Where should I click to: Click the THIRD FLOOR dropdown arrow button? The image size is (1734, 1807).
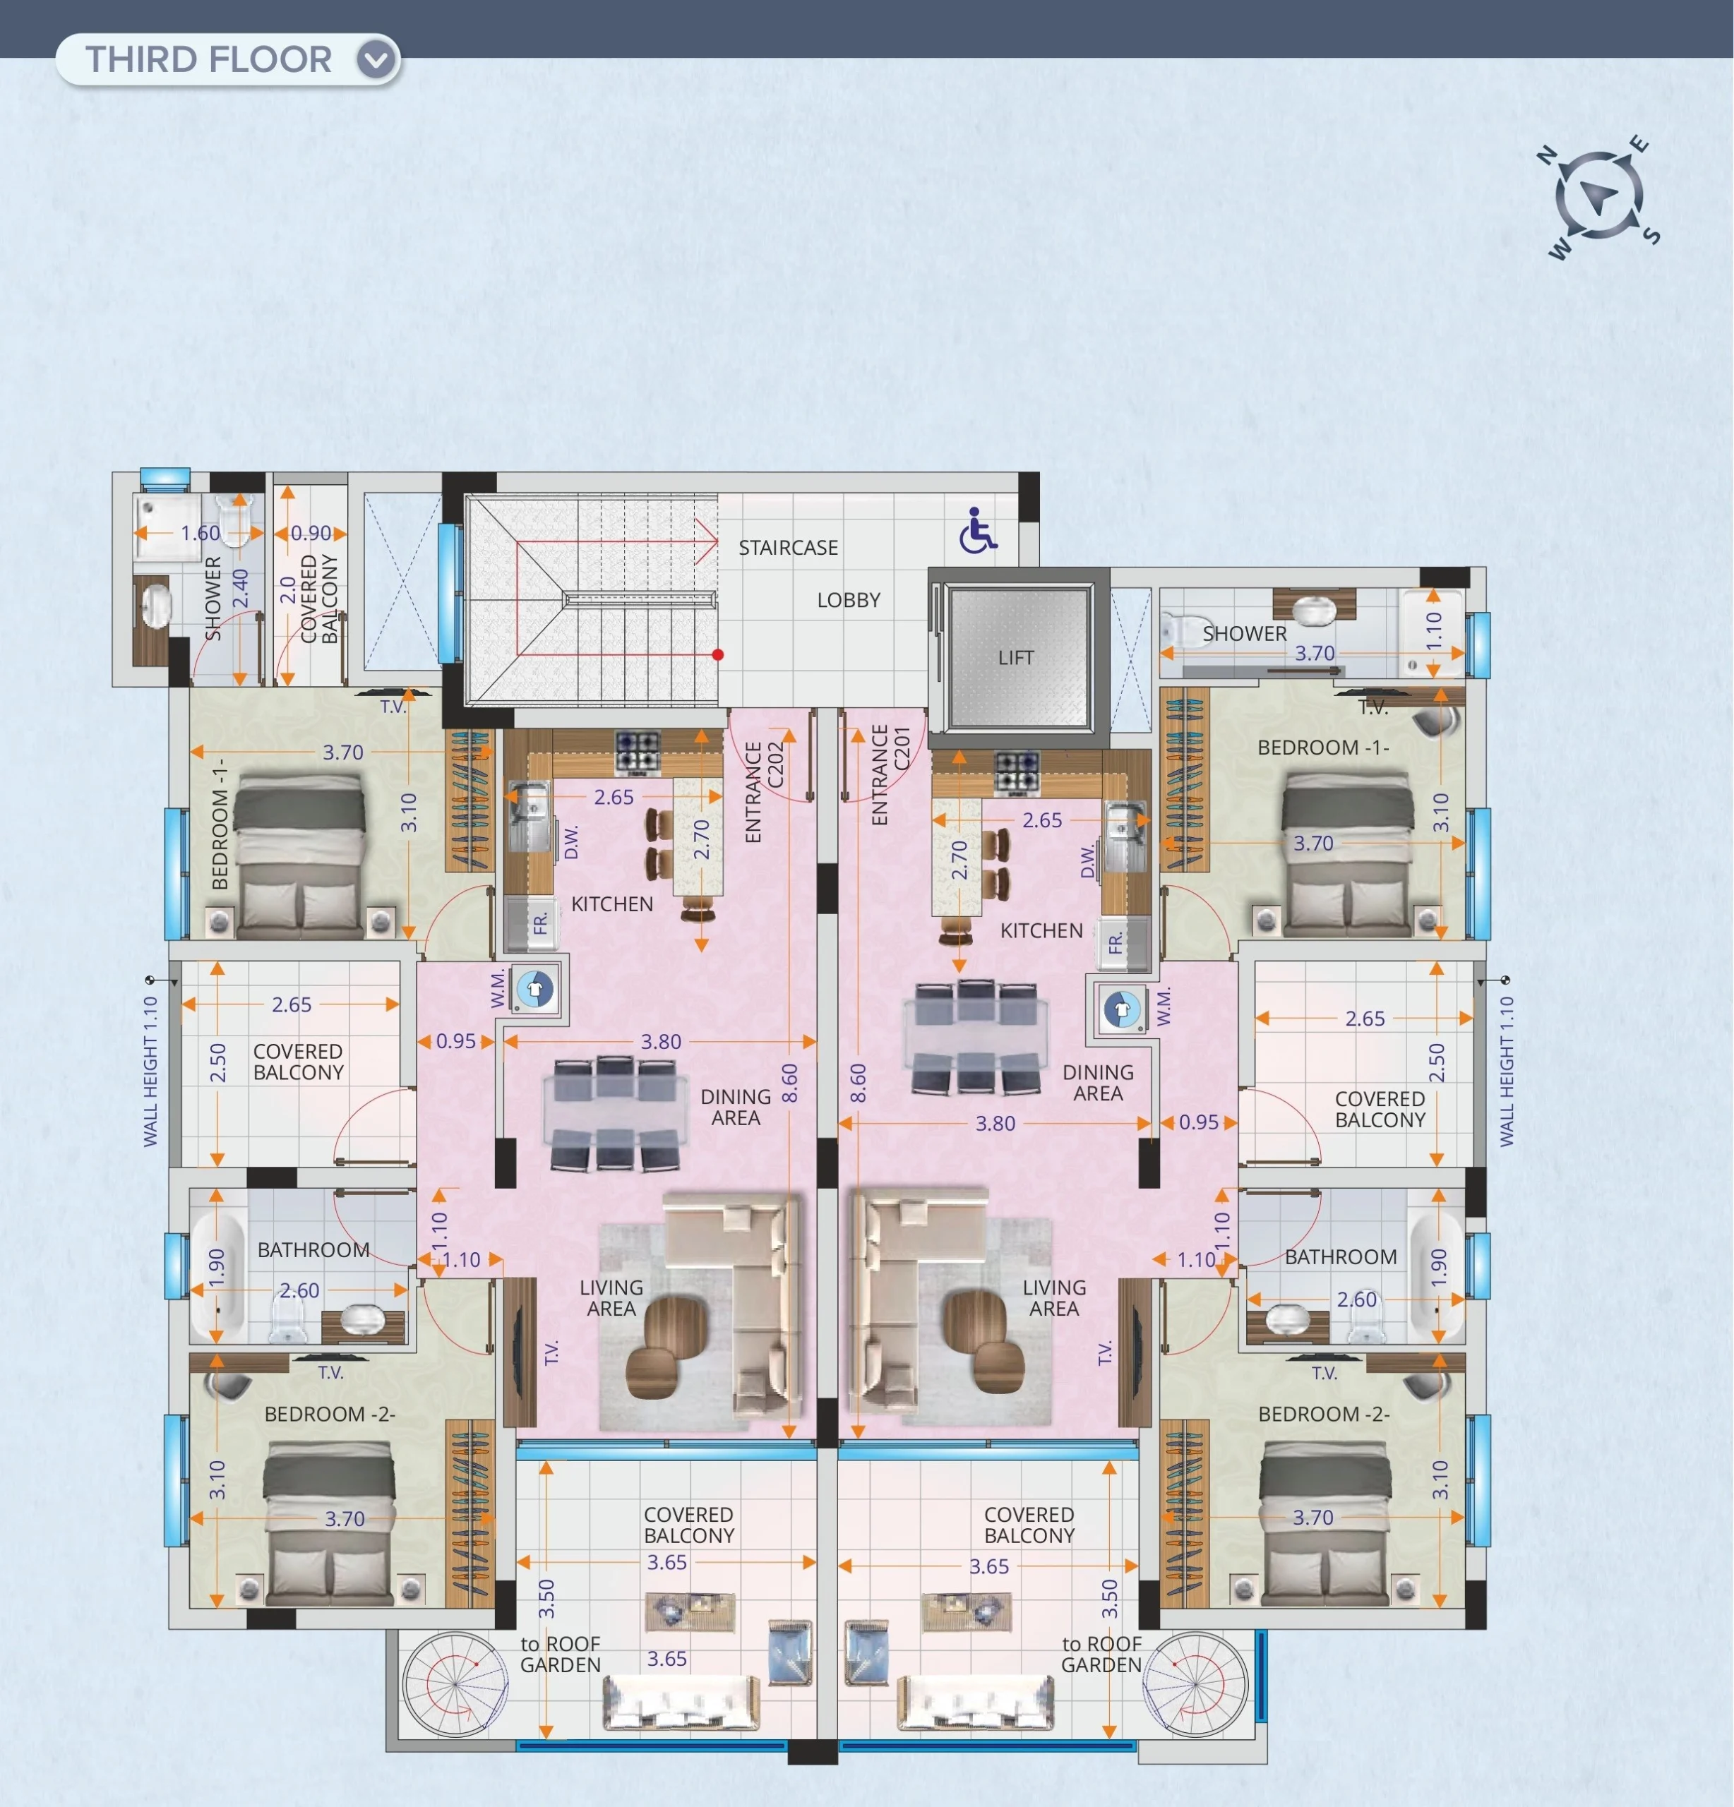376,60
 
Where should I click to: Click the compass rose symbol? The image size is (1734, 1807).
1598,196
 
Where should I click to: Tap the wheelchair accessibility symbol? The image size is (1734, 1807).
976,530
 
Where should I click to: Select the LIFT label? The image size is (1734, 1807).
1015,657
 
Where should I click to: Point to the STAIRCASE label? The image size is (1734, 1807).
788,548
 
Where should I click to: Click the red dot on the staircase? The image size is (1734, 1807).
717,654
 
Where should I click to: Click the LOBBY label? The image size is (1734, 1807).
849,600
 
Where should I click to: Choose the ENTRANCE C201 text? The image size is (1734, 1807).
890,774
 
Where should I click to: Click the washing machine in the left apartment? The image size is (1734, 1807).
534,988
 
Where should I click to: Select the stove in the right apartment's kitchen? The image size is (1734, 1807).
1017,774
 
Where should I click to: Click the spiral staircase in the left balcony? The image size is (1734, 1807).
455,1684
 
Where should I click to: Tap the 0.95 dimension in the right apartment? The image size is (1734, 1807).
1198,1122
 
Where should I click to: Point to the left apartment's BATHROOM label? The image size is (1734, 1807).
313,1249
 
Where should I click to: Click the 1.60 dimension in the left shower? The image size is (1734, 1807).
200,533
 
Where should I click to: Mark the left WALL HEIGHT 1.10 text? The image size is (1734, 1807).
150,1071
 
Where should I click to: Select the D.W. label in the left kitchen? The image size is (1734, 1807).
571,841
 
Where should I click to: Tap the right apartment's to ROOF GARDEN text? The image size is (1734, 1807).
1101,1654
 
